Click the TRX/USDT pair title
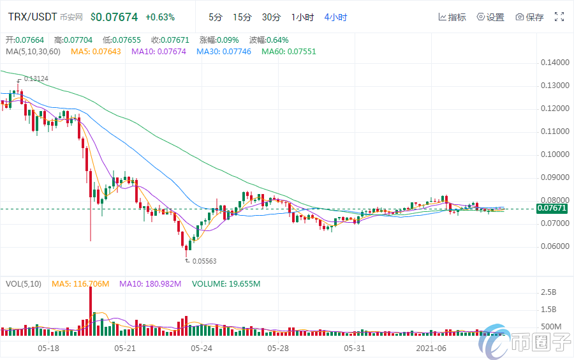[35, 17]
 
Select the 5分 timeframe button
[216, 17]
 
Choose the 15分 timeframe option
[242, 17]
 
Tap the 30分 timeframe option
[271, 17]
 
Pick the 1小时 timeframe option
[302, 17]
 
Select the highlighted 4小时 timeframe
[335, 17]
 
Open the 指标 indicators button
[452, 17]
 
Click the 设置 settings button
[490, 17]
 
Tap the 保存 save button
[529, 17]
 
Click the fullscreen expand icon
[559, 17]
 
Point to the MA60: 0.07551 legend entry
[288, 51]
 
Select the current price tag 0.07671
[552, 209]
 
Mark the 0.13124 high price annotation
[36, 79]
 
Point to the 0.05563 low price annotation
[203, 260]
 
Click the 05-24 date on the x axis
[202, 349]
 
